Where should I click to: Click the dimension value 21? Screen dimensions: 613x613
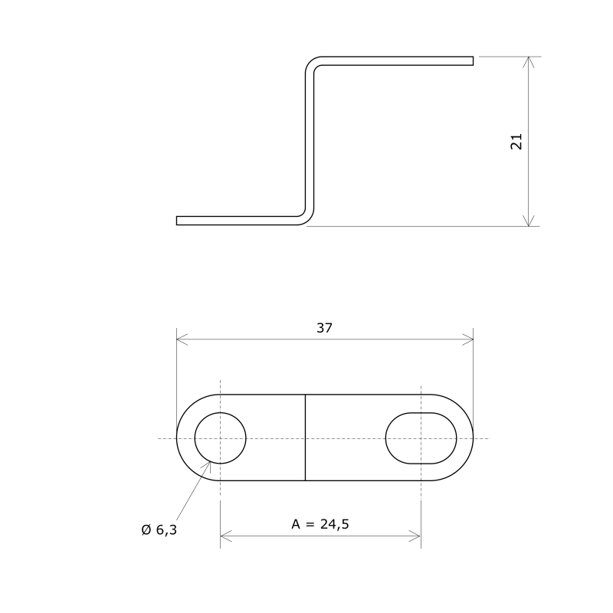coord(516,141)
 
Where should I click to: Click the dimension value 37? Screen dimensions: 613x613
coord(325,328)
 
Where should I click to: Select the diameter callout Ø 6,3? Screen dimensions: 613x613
coord(158,529)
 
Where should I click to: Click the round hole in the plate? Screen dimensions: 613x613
coord(221,438)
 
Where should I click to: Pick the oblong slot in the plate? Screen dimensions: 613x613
coord(421,438)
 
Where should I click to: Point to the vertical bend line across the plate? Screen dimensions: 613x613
coord(306,438)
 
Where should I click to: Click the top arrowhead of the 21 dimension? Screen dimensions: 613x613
coord(528,61)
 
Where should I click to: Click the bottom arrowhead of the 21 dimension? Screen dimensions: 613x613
coord(528,221)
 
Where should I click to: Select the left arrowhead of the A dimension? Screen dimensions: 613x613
coord(225,535)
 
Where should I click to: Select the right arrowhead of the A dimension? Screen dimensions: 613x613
coord(415,535)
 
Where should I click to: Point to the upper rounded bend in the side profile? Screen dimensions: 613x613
coord(314,63)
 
